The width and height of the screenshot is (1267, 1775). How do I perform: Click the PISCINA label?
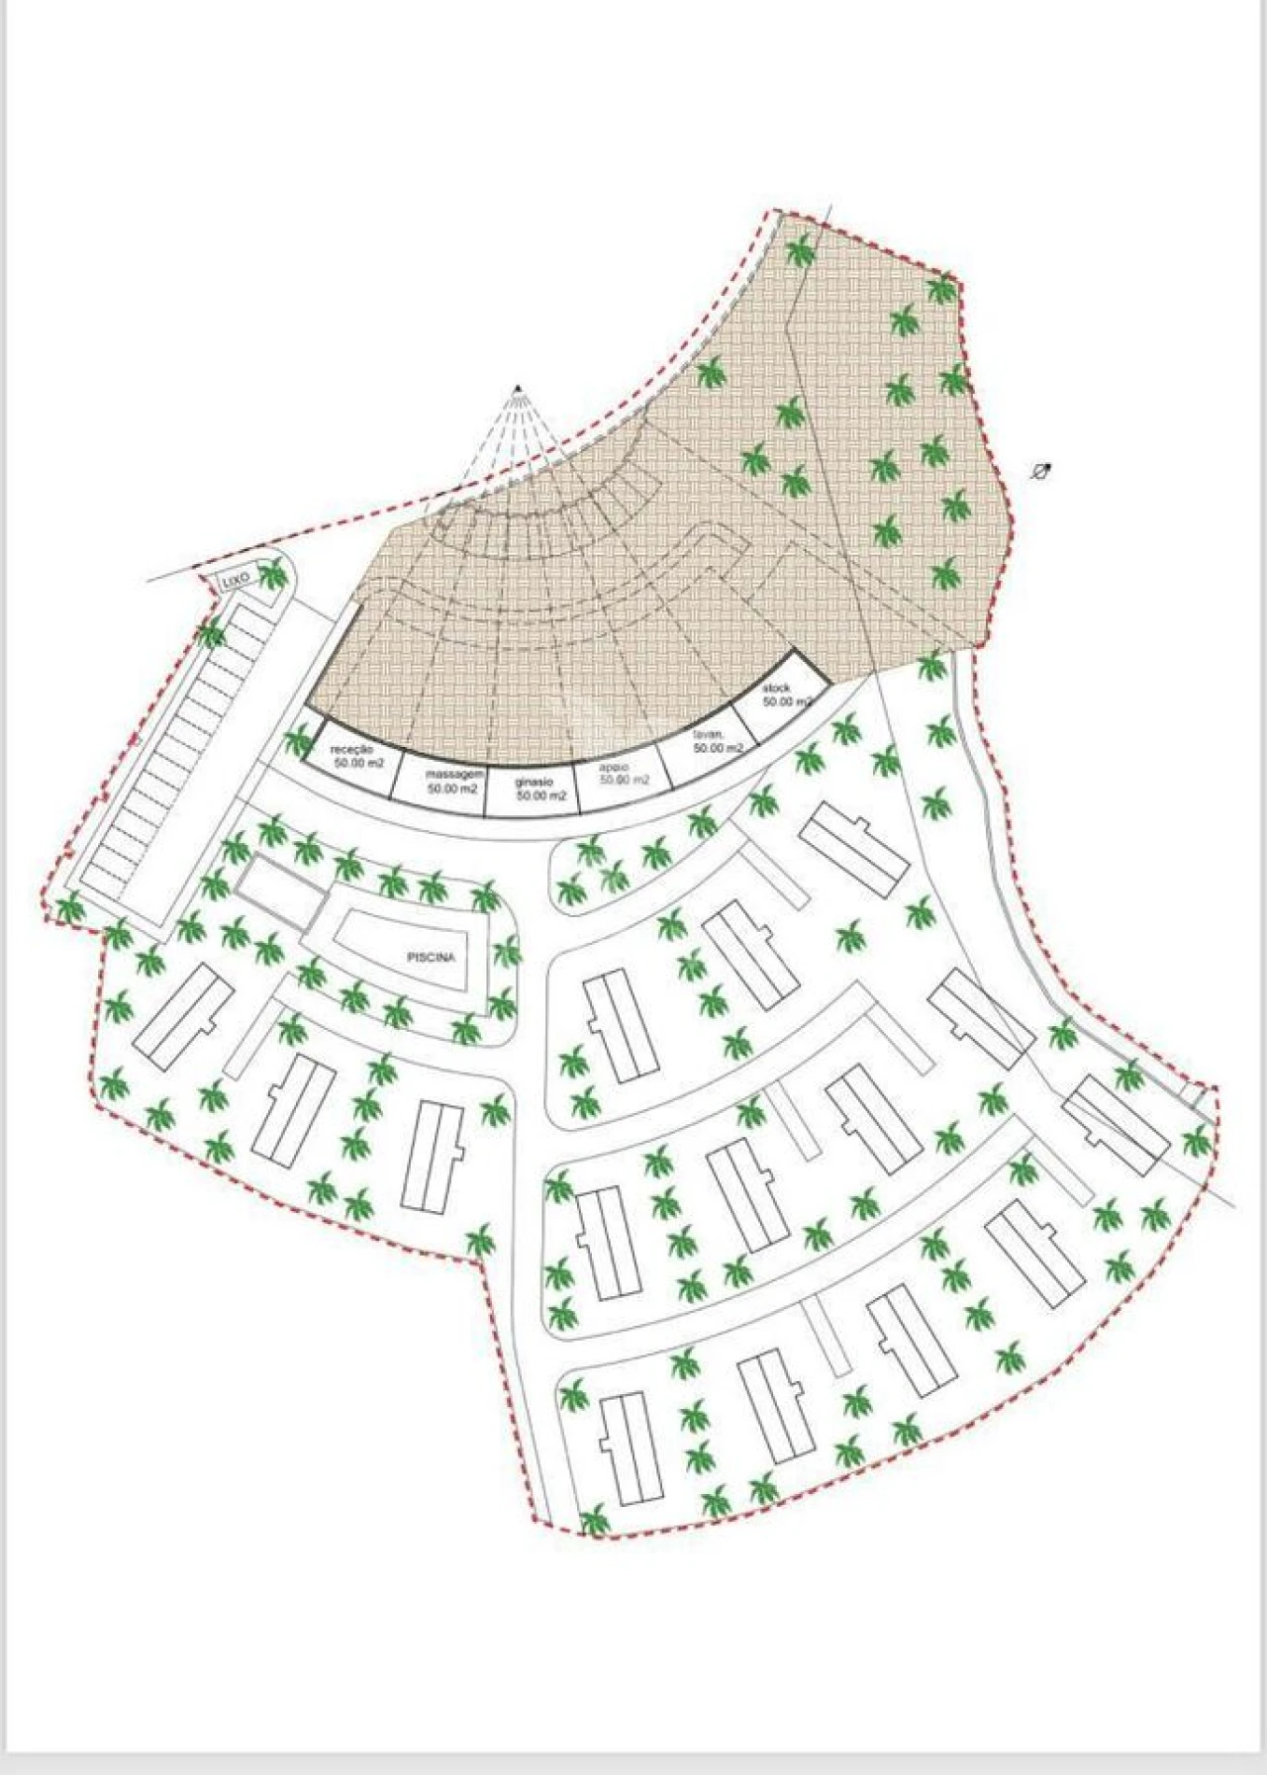pos(431,958)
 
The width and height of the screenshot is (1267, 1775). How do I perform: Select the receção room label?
pos(352,751)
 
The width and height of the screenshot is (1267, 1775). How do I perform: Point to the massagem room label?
pos(454,774)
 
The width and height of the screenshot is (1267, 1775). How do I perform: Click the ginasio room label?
pos(535,783)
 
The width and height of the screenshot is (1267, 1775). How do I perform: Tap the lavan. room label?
pos(710,735)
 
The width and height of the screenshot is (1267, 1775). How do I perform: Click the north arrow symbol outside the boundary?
pos(1040,471)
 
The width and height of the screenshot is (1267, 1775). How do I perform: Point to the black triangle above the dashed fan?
pos(518,388)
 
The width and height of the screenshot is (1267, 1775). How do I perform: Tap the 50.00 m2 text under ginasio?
pos(541,795)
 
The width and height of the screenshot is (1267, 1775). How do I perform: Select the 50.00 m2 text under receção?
pos(358,764)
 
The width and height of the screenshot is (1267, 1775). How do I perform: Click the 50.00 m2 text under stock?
pos(787,701)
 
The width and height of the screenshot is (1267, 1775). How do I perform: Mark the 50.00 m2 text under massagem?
pos(452,790)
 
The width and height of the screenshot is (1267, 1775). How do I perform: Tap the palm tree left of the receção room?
pos(298,741)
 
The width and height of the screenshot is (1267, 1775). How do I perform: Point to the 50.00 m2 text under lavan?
pos(717,749)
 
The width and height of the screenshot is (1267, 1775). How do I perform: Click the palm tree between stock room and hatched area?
pos(930,667)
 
